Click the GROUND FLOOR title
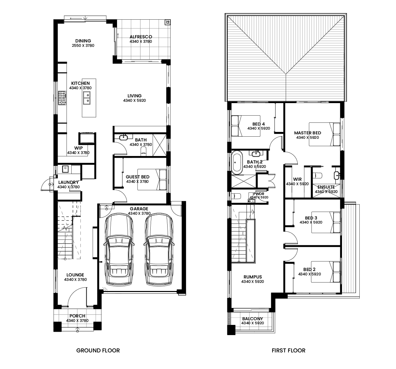click(98, 350)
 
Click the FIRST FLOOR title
click(288, 350)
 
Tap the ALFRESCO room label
click(141, 37)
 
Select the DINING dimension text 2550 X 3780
click(83, 46)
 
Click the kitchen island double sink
click(87, 98)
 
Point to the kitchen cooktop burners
click(62, 98)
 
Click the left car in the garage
click(119, 250)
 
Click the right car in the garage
click(159, 250)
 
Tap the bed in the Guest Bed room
click(152, 179)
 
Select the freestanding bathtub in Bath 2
click(237, 162)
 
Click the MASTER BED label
click(308, 133)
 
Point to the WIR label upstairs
click(297, 179)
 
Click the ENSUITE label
click(326, 187)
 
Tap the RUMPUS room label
click(252, 277)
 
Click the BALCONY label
click(252, 319)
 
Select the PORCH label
click(77, 316)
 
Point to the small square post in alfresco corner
click(167, 23)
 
